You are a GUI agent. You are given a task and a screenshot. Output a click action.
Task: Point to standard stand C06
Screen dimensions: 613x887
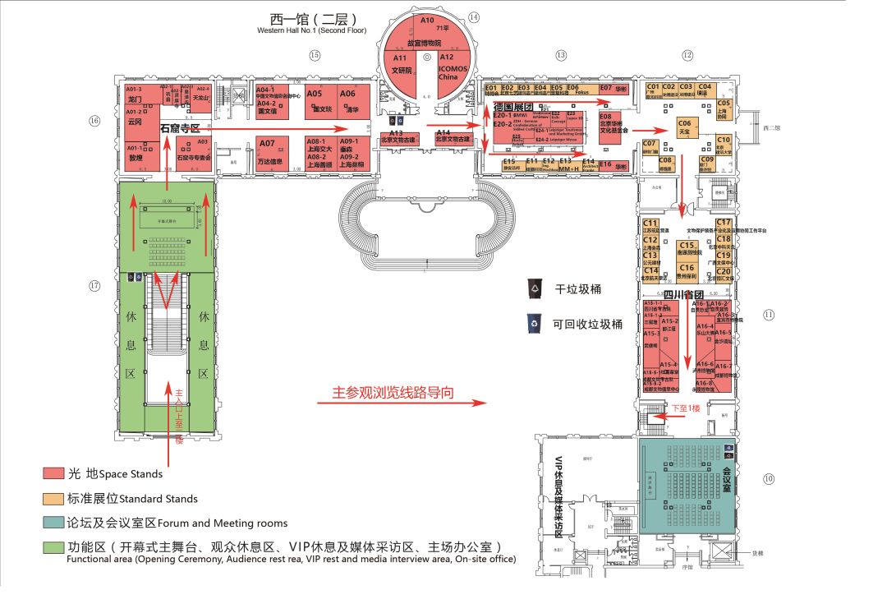(686, 127)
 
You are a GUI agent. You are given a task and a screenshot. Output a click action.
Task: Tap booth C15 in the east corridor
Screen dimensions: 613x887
(687, 249)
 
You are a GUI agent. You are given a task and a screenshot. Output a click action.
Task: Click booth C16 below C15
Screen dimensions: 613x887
(687, 272)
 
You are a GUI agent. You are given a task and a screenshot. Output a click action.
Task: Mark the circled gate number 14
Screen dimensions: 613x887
(474, 17)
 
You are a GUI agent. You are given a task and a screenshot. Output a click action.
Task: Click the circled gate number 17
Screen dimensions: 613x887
(94, 286)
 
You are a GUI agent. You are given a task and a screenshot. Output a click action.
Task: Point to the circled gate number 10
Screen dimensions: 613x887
(769, 478)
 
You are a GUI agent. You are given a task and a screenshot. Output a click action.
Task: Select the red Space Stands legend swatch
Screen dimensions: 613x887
(54, 473)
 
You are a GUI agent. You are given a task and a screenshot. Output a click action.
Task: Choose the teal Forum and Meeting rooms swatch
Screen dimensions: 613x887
(54, 523)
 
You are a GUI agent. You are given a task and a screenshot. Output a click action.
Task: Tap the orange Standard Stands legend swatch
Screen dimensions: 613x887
(54, 498)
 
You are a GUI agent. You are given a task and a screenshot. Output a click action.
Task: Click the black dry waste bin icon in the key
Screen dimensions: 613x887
(535, 288)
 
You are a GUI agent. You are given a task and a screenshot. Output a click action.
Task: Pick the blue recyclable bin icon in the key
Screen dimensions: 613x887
(535, 323)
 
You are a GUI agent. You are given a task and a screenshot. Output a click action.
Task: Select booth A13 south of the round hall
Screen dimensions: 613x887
(396, 138)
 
